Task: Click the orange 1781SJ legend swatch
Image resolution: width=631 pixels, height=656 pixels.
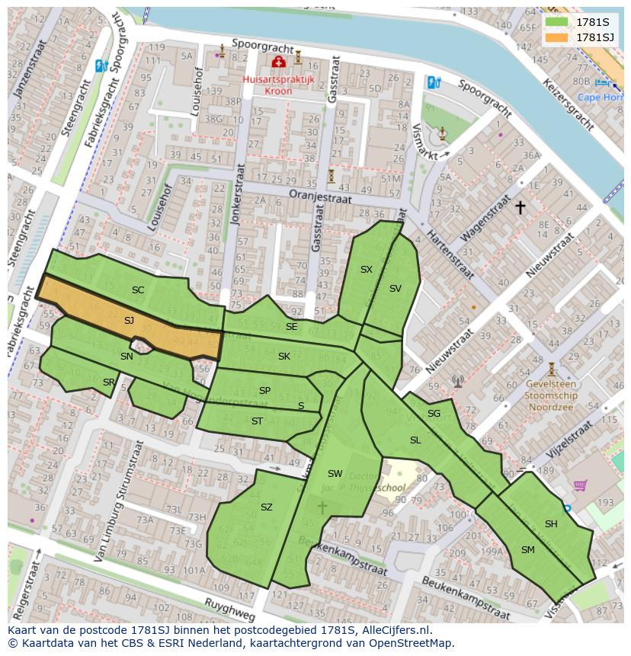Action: click(x=557, y=37)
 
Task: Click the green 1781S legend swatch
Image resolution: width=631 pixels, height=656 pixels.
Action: click(x=557, y=22)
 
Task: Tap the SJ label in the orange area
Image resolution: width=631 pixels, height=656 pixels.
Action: click(x=129, y=321)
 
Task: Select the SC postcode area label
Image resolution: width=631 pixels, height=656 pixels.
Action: click(x=137, y=290)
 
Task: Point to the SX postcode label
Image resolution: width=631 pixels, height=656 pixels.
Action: click(x=367, y=270)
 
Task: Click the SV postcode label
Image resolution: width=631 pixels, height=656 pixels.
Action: click(x=395, y=288)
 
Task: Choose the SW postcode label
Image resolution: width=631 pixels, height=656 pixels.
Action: click(x=335, y=474)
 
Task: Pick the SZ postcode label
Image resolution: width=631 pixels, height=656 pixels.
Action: click(x=266, y=507)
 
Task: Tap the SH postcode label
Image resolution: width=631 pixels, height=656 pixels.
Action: click(x=551, y=523)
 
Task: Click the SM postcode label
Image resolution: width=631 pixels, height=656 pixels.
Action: click(x=527, y=549)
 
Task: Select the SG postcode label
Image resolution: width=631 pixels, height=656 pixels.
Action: click(x=434, y=414)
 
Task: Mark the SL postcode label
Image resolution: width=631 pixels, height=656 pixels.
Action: click(x=415, y=440)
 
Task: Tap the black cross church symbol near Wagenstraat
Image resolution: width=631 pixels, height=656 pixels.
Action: click(x=520, y=206)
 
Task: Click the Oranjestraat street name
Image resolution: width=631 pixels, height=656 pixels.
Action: click(x=320, y=197)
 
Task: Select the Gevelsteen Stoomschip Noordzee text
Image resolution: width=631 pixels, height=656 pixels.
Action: click(x=552, y=396)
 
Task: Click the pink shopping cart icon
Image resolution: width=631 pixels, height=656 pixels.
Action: click(x=581, y=485)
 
